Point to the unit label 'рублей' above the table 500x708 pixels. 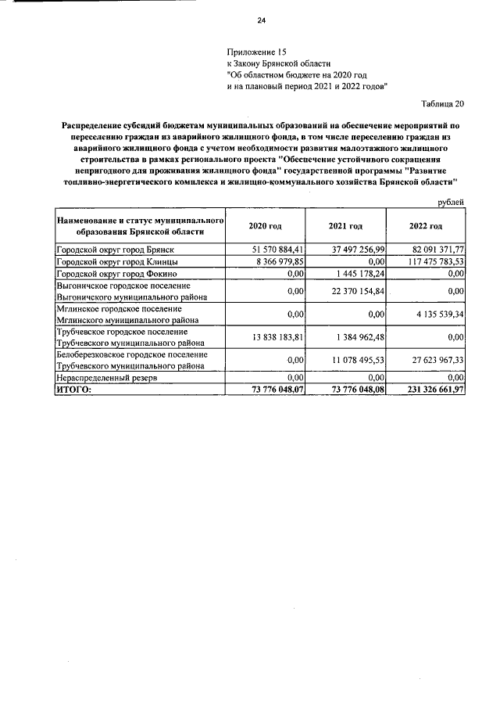[x=451, y=202]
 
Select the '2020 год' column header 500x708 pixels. [x=265, y=226]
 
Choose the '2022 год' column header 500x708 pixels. [x=425, y=226]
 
